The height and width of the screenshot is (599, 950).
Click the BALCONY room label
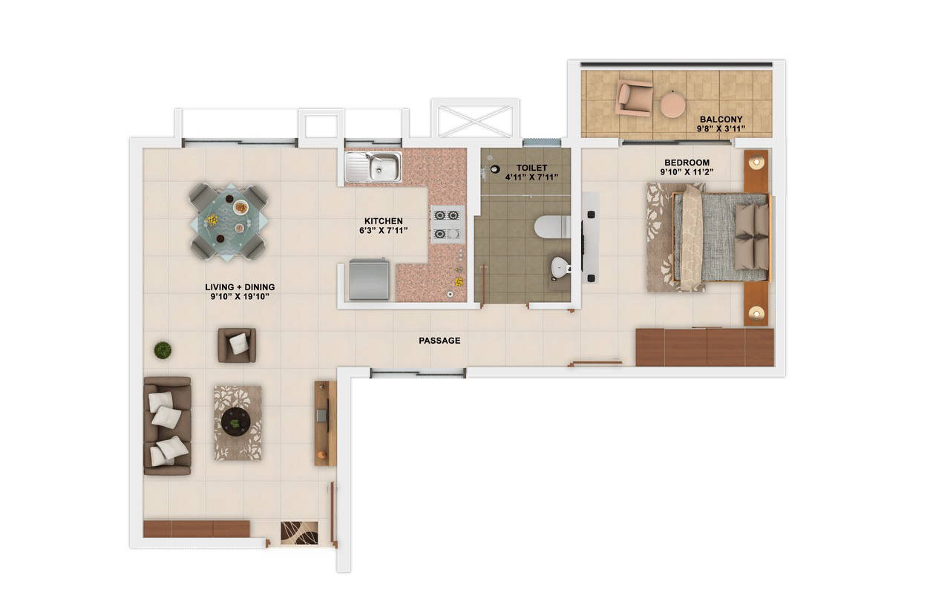pos(721,119)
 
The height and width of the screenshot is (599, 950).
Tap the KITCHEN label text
pos(384,221)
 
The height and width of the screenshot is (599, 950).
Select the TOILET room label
pos(531,168)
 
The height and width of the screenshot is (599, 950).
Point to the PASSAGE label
pos(439,341)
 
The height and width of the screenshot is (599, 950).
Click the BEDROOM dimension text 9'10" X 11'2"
pos(687,173)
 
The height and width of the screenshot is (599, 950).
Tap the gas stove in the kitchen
pos(448,224)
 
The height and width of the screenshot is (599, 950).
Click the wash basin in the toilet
pos(558,268)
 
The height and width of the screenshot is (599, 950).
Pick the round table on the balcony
pos(673,104)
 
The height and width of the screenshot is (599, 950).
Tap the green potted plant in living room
pos(163,349)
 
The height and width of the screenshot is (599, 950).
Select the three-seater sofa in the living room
pos(167,425)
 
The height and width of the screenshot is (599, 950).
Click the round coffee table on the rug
pos(237,421)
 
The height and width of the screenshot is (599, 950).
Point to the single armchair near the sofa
pos(237,344)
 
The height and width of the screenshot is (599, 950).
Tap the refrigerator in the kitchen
pos(369,279)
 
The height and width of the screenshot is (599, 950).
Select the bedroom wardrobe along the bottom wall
pos(704,347)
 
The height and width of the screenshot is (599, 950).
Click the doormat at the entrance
pos(299,532)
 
